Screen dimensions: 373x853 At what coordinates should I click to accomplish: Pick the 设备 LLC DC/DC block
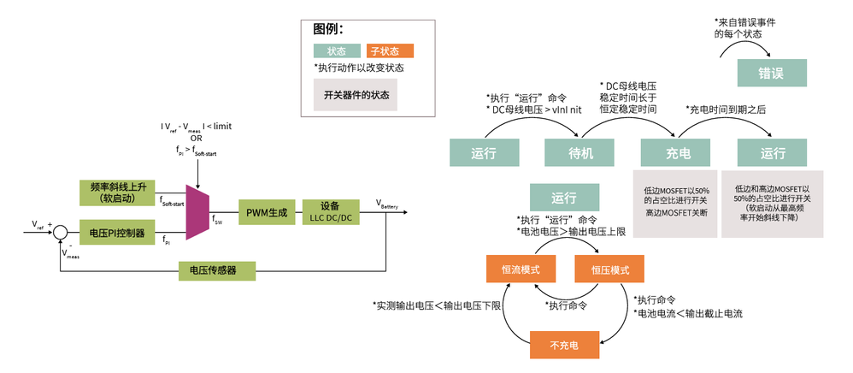tap(330, 212)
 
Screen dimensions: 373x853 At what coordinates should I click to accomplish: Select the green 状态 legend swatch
tap(337, 50)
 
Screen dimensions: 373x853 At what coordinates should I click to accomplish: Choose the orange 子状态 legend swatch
tap(390, 50)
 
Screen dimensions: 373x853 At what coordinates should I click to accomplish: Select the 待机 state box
tap(580, 153)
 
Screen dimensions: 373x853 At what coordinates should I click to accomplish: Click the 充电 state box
tap(677, 153)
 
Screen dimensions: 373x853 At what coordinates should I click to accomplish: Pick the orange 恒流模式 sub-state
tap(521, 269)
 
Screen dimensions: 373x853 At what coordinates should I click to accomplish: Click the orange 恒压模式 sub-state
tap(609, 269)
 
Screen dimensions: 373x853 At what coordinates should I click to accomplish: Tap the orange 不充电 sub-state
tap(564, 345)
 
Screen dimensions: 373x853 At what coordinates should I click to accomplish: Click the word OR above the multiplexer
tap(197, 138)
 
